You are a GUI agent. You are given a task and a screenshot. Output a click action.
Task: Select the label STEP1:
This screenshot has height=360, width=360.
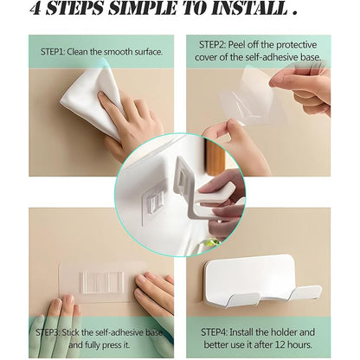point(57,52)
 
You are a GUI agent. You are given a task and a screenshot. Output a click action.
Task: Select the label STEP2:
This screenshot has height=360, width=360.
point(217,44)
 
